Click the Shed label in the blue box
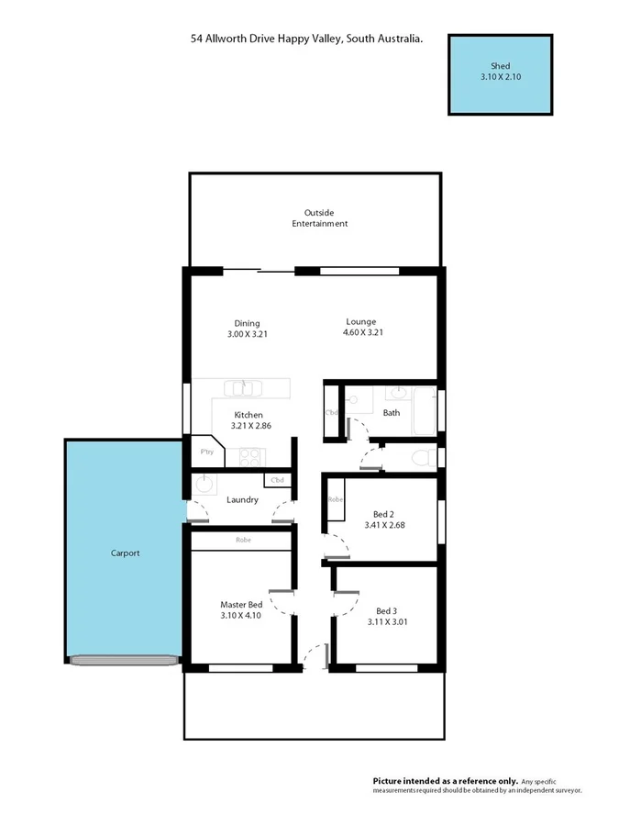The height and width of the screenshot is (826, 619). coord(500,67)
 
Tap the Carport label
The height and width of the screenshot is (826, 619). coord(125,553)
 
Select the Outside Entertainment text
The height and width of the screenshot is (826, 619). coord(319,218)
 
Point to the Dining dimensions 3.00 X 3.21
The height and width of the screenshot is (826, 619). coord(247,335)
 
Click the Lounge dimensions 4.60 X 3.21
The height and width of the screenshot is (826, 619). coord(360,333)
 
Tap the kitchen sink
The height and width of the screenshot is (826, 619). coord(241,388)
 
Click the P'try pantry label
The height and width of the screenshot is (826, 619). coord(207,452)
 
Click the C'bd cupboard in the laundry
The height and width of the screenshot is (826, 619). coord(277,480)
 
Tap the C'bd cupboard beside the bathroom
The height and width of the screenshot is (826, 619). coord(332,413)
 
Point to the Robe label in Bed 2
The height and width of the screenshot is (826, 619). coord(335,500)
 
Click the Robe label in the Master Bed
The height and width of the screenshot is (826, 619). coord(242,541)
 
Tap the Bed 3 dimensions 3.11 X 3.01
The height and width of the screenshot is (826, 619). coord(387,622)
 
